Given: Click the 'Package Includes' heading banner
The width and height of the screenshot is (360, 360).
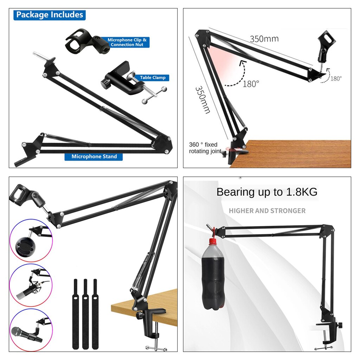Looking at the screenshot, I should coord(50,15).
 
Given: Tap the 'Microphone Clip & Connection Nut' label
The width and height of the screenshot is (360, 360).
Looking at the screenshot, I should coord(127,42).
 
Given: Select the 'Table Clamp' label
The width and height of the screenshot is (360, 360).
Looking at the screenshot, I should coord(153,78).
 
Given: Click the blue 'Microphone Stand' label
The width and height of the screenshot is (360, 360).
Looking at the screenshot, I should coord(94,156).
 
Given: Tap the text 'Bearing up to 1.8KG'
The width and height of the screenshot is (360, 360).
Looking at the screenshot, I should coord(267,192).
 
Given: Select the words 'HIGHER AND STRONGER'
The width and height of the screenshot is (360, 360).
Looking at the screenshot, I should coord(267,211).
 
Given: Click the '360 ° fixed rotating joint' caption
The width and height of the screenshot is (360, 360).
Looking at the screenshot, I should coord(204,148).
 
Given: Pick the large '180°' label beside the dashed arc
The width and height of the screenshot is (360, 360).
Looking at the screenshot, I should coord(251,84).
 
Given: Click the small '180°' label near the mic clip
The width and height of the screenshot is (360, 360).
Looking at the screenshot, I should coord(336,79).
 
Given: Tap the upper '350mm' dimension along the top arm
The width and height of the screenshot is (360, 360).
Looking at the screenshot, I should coord(264,38).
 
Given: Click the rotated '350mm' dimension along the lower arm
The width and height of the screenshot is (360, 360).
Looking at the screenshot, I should coord(202,100).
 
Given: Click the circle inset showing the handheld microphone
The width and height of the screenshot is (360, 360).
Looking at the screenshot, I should coord(31,330).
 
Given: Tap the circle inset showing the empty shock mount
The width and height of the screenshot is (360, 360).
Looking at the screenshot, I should coord(31,240).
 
